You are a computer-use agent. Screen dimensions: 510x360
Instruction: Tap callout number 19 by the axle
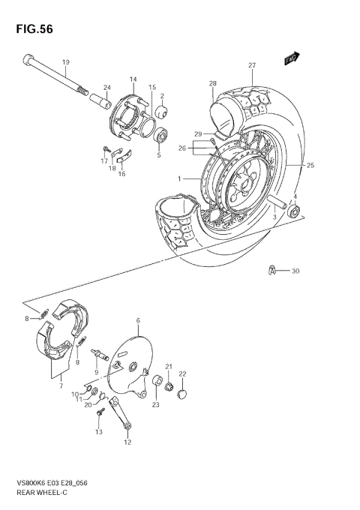pyautogui.click(x=65, y=62)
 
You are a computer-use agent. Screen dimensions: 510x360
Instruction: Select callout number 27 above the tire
pyautogui.click(x=253, y=65)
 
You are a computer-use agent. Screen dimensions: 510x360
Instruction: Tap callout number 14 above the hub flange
pyautogui.click(x=133, y=79)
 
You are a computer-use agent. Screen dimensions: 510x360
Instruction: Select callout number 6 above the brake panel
pyautogui.click(x=138, y=320)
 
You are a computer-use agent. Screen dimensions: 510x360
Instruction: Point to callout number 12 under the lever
pyautogui.click(x=127, y=442)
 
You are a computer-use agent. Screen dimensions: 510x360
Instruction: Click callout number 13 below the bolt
pyautogui.click(x=97, y=433)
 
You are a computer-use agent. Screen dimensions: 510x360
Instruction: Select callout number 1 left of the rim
pyautogui.click(x=179, y=178)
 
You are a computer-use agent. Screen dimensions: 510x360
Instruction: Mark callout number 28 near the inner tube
pyautogui.click(x=213, y=83)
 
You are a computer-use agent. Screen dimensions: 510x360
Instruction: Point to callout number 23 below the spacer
pyautogui.click(x=155, y=405)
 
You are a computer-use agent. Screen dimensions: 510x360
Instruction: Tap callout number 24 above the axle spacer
pyautogui.click(x=107, y=87)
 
